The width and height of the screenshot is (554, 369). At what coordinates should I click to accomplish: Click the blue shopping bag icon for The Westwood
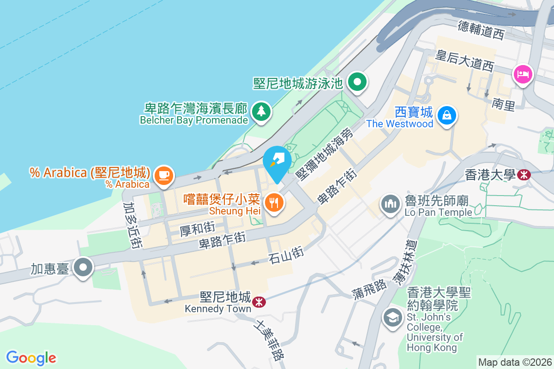447,115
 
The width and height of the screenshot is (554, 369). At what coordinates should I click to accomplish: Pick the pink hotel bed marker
523,74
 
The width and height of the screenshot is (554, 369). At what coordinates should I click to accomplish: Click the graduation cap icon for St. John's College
392,318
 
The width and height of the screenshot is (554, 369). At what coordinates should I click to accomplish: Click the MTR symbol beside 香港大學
524,174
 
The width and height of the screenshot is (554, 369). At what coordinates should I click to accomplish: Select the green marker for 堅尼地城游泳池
357,83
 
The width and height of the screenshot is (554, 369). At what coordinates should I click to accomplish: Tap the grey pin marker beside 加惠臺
84,267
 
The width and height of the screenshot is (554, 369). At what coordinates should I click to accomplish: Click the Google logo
31,358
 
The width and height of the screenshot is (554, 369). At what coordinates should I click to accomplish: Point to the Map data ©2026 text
515,362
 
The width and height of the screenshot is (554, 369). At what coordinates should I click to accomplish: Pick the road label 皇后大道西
465,60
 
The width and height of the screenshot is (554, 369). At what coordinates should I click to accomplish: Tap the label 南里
503,105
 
